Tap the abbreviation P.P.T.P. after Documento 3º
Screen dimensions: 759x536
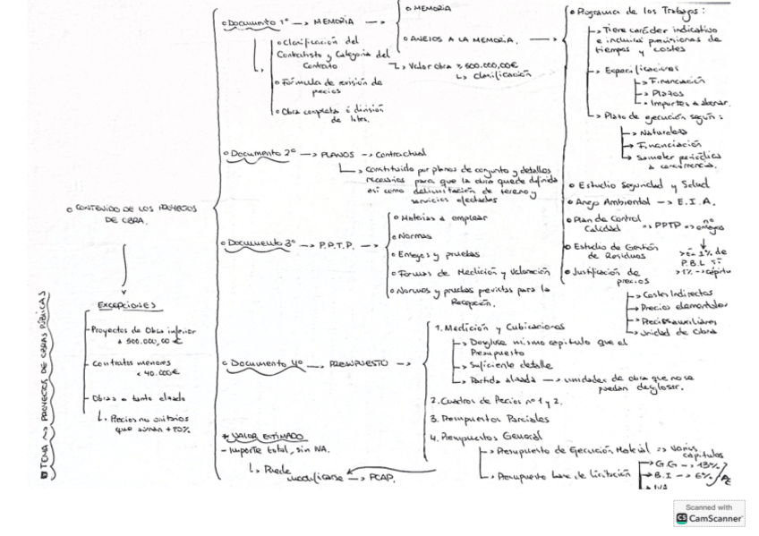coord(336,243)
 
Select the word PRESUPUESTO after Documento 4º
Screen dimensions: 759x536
coord(358,363)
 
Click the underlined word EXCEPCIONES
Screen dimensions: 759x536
coord(126,305)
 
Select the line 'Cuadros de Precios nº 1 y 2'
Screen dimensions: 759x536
coord(490,401)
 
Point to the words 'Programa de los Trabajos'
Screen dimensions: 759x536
coord(640,12)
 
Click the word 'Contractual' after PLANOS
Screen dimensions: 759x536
coord(402,153)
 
